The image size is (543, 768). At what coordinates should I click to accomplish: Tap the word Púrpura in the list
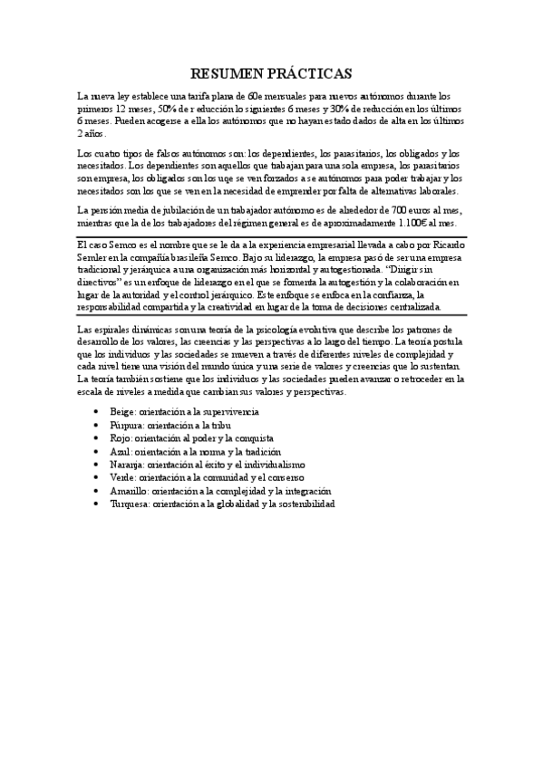(x=126, y=424)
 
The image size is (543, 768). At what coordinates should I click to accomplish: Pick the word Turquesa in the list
(x=130, y=503)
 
